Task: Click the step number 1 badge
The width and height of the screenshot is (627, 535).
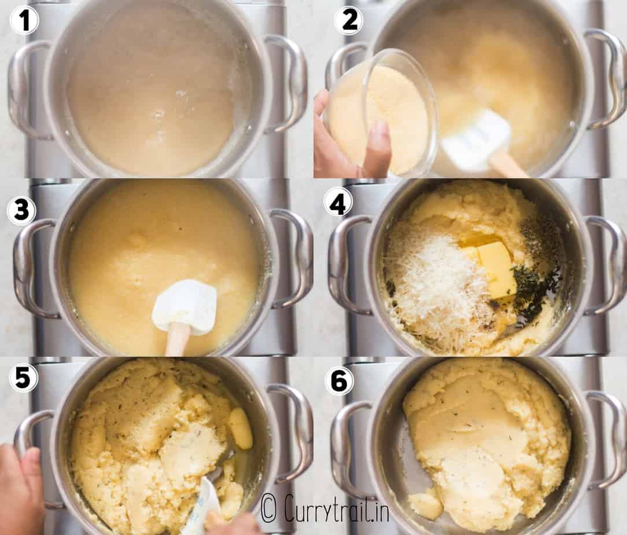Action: pos(24,20)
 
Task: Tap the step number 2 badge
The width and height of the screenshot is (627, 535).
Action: pos(349,20)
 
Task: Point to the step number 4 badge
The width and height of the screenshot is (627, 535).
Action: pos(338,203)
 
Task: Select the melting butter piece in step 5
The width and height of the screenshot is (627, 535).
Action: pos(241,428)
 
